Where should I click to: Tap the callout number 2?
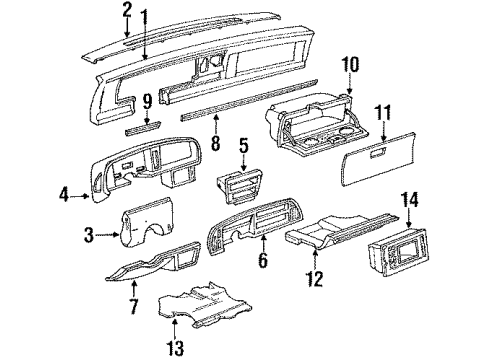tap(126, 9)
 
